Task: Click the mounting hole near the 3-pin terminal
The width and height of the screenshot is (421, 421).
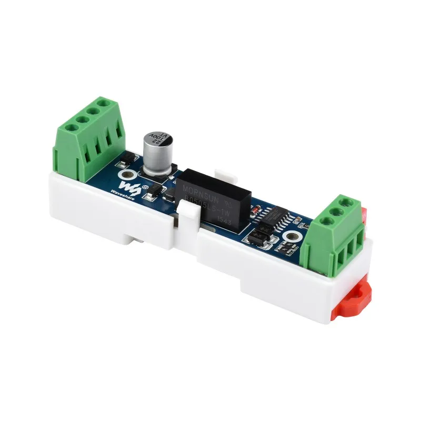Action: (293, 237)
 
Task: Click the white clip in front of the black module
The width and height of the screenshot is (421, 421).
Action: (187, 216)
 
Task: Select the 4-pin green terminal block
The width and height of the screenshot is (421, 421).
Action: (89, 137)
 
